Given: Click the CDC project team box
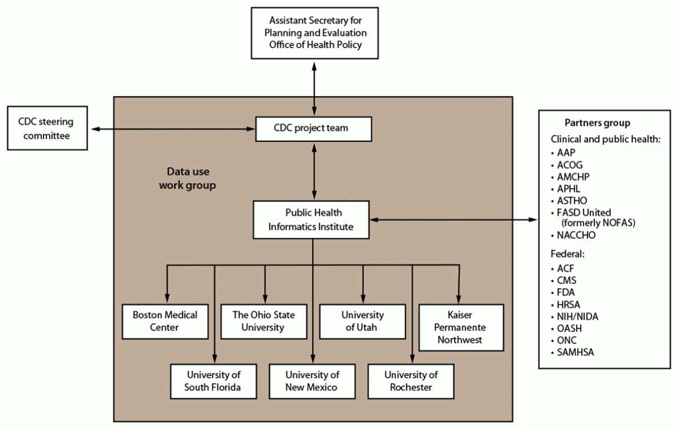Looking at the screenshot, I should coord(314,129).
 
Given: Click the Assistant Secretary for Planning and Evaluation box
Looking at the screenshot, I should coord(315,33).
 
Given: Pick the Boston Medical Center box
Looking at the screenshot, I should coord(165,321).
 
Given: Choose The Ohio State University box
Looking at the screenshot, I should coord(264,321).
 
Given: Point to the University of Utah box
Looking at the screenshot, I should coord(362,321).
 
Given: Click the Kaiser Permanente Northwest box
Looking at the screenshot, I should coord(461,327).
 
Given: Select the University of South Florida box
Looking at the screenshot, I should coord(213,381).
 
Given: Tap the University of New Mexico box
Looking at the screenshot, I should coord(312,381).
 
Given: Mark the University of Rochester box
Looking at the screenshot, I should coord(411,381).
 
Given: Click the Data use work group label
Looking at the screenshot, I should coord(187,178).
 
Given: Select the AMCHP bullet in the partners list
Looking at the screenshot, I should coord(573,177).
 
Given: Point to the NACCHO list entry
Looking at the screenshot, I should coord(576,235).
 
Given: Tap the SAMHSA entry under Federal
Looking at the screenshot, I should coord(575,353).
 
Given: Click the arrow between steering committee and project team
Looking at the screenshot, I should coord(172,129).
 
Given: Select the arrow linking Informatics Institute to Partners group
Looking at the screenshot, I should coord(455,219).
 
